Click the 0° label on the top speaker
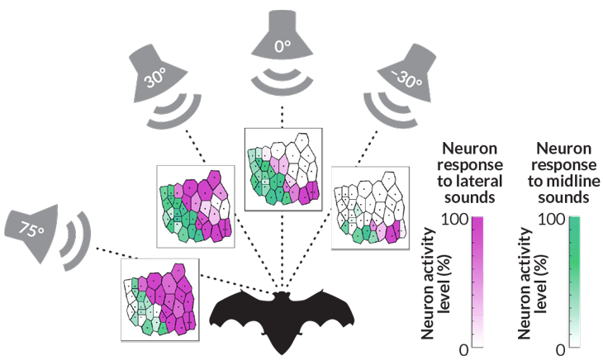281,47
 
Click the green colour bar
573,282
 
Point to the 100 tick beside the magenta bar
456,220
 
